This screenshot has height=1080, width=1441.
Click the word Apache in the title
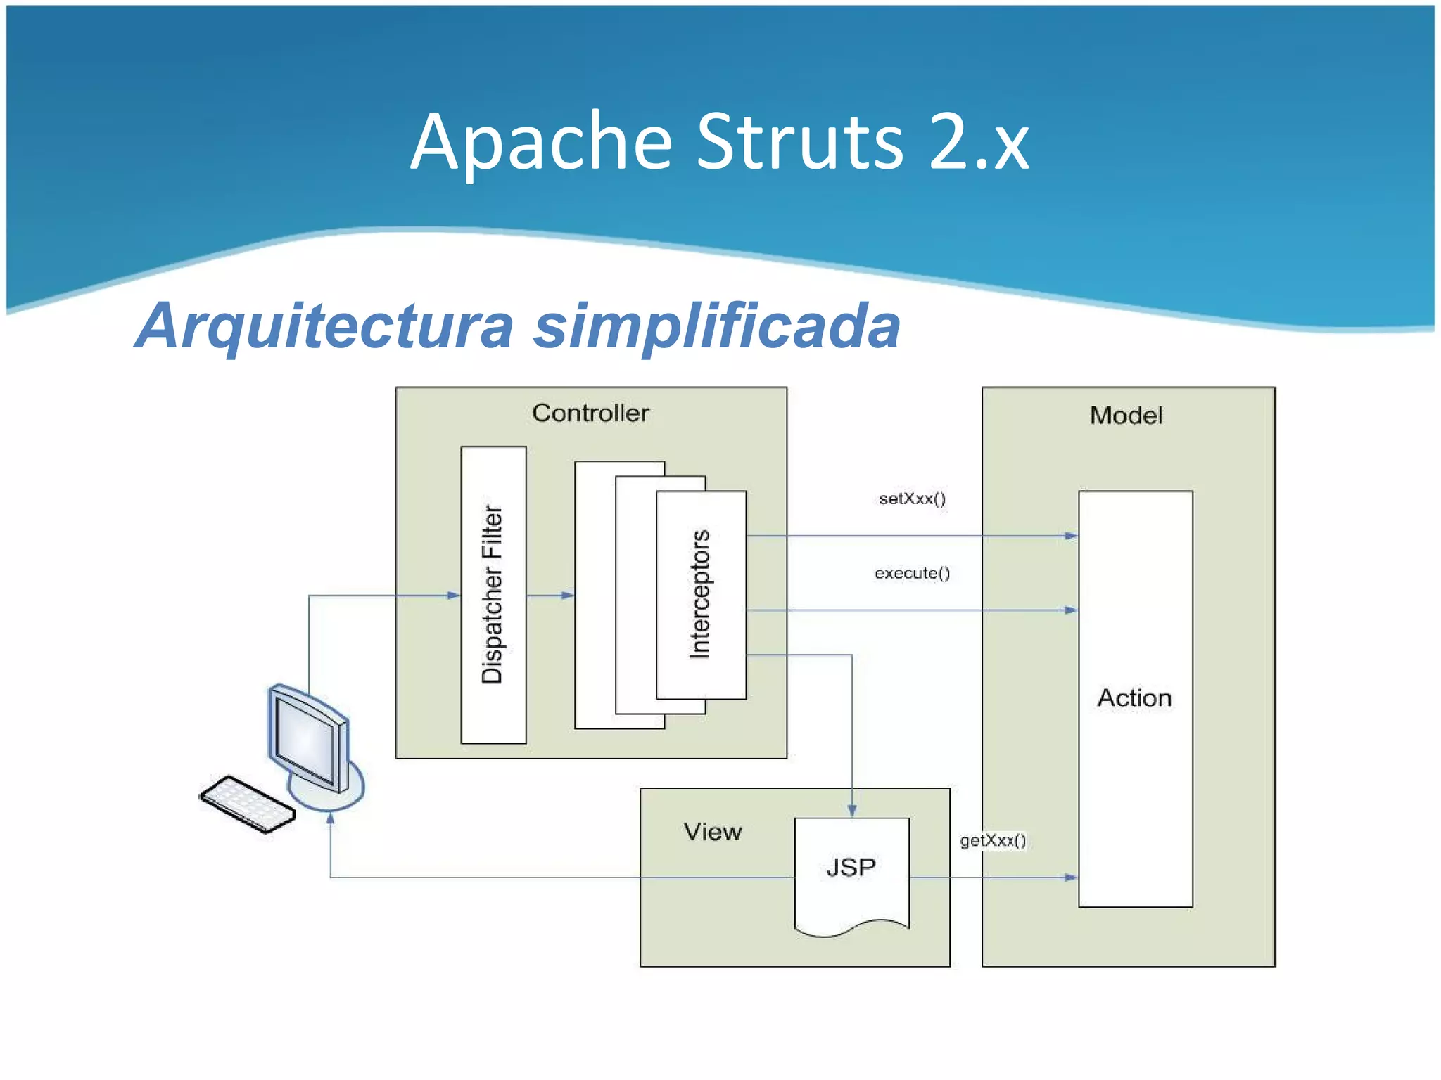coord(542,143)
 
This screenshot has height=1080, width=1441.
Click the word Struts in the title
coord(799,143)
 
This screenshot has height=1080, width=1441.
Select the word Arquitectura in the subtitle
coord(325,326)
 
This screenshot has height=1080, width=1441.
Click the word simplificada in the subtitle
coord(716,326)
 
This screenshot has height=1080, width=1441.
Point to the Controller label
coord(590,413)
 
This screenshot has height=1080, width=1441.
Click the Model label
coord(1126,416)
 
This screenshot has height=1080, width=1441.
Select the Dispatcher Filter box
coord(493,595)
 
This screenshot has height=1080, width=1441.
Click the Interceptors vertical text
coord(700,594)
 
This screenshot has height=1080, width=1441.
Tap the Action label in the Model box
coord(1134,697)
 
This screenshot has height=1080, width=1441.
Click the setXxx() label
coord(912,499)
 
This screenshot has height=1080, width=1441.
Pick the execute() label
coord(912,573)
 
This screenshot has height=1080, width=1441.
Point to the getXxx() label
coord(993,840)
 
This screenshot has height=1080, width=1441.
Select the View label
coord(712,832)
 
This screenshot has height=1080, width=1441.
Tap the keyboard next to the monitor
coord(247,804)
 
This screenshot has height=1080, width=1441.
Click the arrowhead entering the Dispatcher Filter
coord(454,596)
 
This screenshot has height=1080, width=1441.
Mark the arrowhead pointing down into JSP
coord(852,810)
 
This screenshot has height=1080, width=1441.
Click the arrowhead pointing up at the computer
coord(331,818)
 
